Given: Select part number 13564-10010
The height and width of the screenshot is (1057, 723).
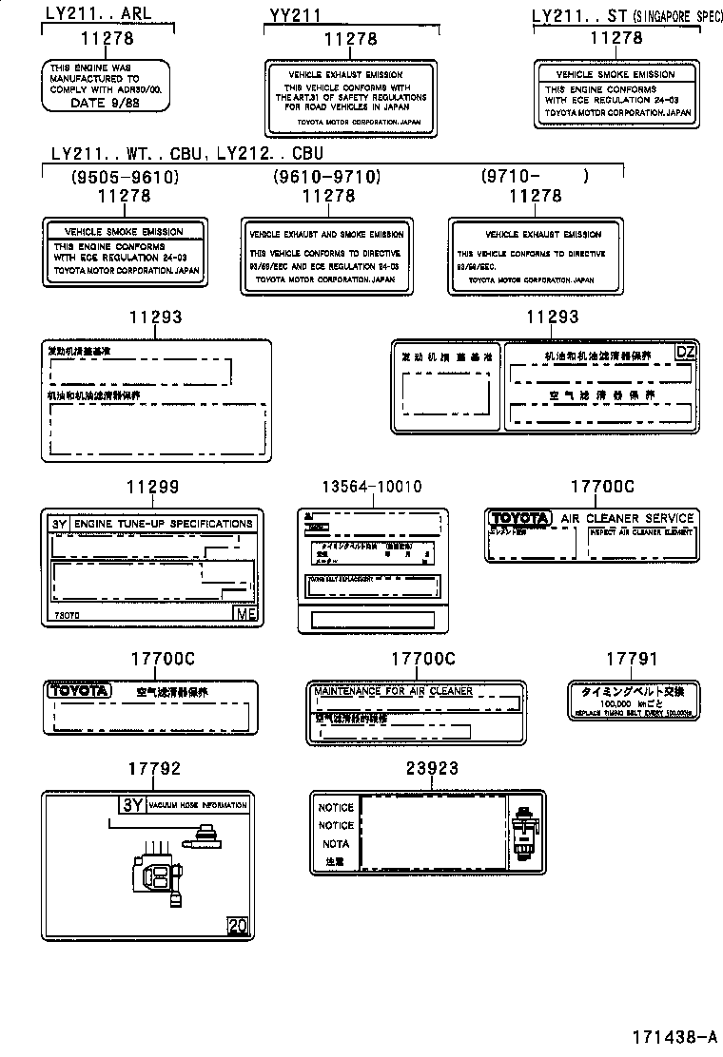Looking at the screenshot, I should (x=370, y=487).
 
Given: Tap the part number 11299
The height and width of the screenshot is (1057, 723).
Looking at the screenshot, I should (x=152, y=487).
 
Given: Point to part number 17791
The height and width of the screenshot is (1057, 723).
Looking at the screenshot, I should (x=632, y=659).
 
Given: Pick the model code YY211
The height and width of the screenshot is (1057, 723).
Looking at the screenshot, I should (x=295, y=15).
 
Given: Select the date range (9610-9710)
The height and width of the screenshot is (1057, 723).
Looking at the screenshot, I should (x=326, y=176).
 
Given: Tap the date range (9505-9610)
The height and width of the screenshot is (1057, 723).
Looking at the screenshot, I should (x=125, y=176).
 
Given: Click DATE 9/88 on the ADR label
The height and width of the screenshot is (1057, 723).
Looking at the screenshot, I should (x=105, y=102).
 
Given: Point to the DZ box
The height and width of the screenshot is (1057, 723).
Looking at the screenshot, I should (x=685, y=352).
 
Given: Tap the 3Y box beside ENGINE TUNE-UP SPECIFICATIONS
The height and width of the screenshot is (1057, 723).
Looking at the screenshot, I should (x=60, y=524).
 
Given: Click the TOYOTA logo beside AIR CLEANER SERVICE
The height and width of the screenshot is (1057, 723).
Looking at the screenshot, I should (x=519, y=518).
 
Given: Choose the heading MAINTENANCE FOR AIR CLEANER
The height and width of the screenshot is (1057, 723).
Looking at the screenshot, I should (x=393, y=691).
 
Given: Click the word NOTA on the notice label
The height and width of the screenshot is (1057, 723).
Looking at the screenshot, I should (x=335, y=844).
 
